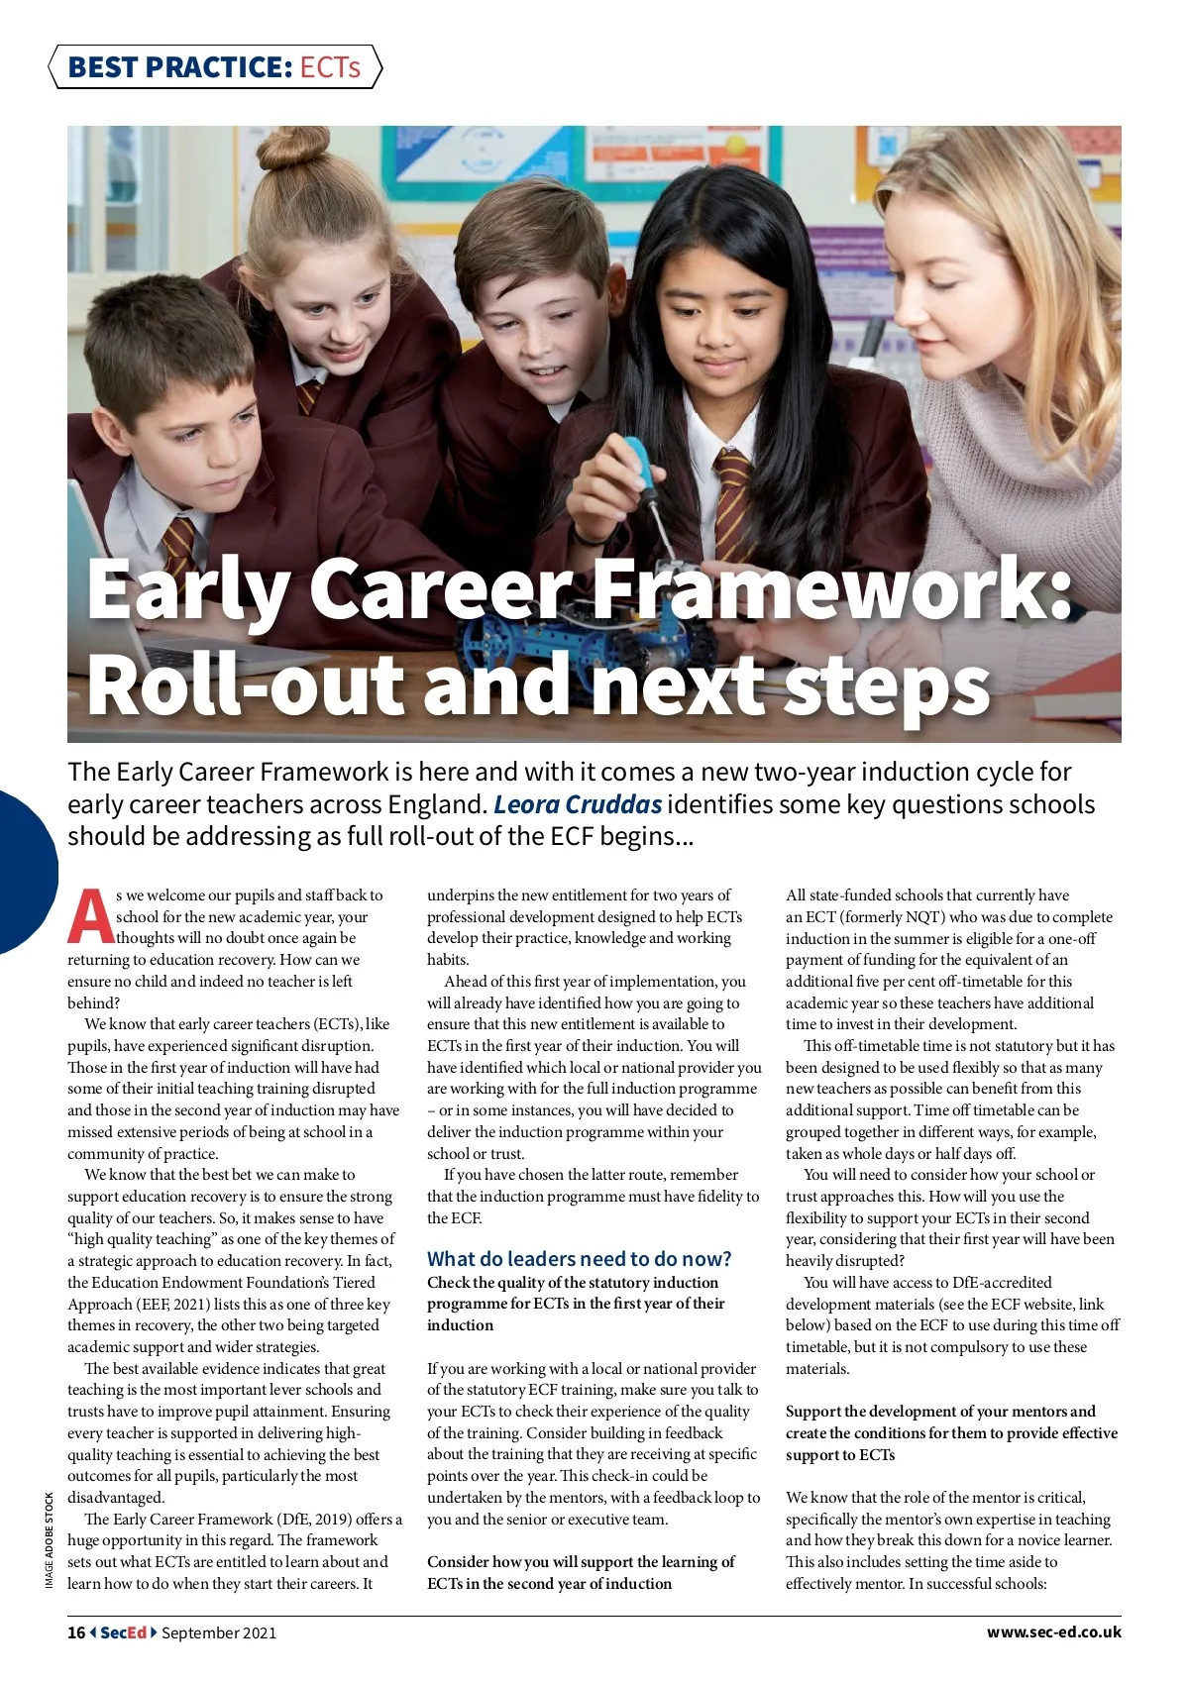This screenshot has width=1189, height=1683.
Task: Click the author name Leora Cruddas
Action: tap(578, 804)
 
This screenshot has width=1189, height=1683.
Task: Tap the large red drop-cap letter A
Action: tap(90, 917)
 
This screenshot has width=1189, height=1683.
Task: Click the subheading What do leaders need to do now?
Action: tap(579, 1259)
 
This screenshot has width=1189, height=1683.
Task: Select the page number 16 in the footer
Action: tap(76, 1632)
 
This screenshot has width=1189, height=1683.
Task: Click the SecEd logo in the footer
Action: tap(123, 1632)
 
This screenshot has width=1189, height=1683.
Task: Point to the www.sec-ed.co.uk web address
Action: tap(1053, 1631)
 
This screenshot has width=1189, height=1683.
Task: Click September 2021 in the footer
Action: tap(219, 1632)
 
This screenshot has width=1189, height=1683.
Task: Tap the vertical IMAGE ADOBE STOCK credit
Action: tap(50, 1540)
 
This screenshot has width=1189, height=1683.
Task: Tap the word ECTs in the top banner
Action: tap(330, 67)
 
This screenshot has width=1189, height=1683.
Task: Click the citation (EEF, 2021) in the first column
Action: tap(166, 1304)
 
